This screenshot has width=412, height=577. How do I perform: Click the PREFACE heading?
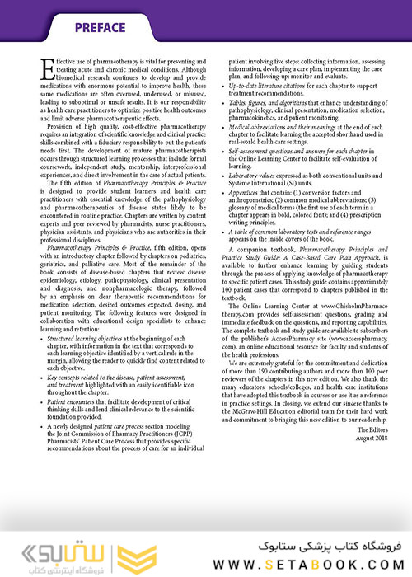[x=99, y=28]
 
